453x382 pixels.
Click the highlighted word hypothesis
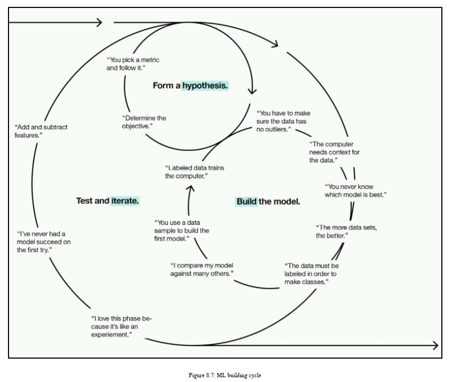[x=205, y=86]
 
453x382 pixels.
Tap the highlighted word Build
[x=246, y=202]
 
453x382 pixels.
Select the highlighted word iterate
[x=125, y=201]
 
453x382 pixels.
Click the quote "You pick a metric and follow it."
[x=133, y=64]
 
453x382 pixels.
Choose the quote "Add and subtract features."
[x=41, y=131]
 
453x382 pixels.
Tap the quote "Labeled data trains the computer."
[x=194, y=172]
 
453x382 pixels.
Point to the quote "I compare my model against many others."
[x=202, y=269]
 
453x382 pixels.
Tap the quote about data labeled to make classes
[x=311, y=274]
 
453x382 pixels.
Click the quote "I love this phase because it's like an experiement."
[x=121, y=326]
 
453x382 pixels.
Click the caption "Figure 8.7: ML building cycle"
[x=225, y=375]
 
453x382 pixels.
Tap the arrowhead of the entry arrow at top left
[x=99, y=22]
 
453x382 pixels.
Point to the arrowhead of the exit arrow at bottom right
[x=435, y=346]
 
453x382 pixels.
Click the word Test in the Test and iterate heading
[x=86, y=201]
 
